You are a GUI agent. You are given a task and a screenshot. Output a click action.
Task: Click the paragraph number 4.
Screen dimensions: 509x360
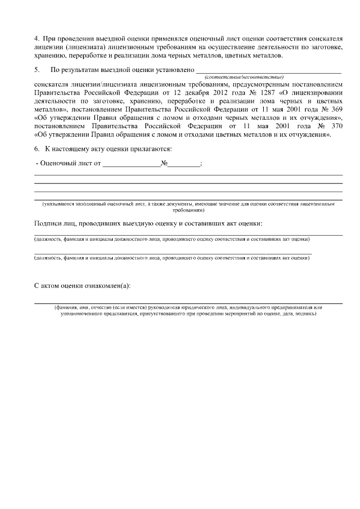pyautogui.click(x=37, y=38)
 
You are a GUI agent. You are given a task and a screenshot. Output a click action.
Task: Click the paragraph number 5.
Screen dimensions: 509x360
pyautogui.click(x=37, y=70)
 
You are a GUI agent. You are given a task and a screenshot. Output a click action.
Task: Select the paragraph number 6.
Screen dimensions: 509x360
pyautogui.click(x=37, y=148)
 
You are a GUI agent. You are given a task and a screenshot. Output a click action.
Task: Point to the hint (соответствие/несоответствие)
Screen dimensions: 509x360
pyautogui.click(x=244, y=76)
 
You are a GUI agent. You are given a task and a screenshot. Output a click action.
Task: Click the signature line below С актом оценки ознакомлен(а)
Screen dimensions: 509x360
pyautogui.click(x=188, y=303)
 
